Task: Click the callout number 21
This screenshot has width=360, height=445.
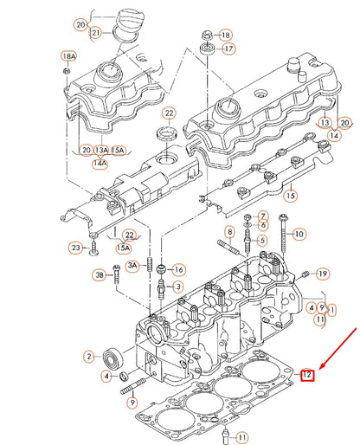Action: coord(95,33)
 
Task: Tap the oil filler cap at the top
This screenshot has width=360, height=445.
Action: coord(122,18)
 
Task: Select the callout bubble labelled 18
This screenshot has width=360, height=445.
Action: coord(226,35)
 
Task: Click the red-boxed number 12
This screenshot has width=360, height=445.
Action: coord(307,375)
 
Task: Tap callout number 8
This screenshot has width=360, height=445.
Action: coord(229,232)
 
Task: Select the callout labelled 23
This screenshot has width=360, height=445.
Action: coord(76,248)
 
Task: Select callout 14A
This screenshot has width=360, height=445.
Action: coord(100,162)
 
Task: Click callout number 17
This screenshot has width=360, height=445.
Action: coord(228,49)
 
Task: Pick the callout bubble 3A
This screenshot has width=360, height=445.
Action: coord(132,264)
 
